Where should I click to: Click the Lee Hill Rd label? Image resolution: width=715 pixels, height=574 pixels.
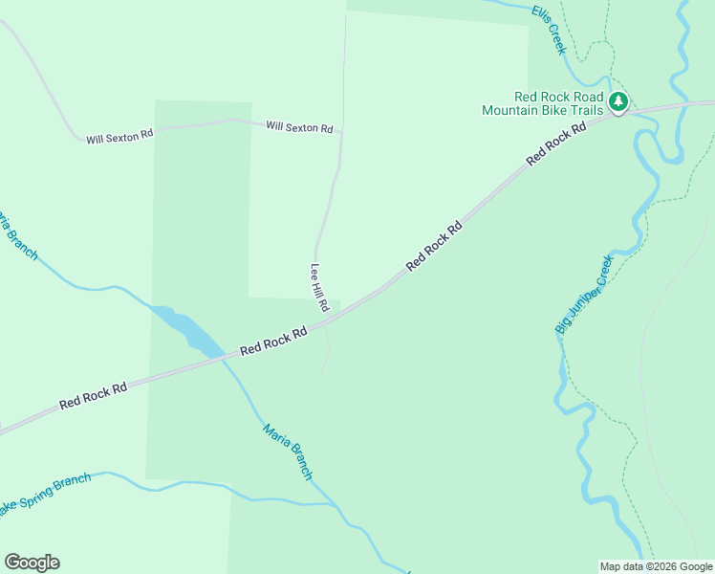[x=319, y=288]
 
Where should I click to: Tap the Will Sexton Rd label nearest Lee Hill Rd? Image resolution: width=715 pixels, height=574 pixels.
[x=299, y=127]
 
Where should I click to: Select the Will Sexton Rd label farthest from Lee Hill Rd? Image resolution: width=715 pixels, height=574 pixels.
[x=119, y=137]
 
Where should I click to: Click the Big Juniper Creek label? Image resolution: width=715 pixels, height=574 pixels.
[x=583, y=295]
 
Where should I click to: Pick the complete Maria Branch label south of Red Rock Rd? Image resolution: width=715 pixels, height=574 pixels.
[x=288, y=452]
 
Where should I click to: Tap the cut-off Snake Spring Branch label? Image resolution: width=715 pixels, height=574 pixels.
[x=46, y=492]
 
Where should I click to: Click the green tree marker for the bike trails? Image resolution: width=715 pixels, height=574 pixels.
[x=618, y=101]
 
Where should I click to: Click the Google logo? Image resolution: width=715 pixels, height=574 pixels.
[x=32, y=563]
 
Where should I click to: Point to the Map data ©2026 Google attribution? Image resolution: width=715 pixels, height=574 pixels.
[x=656, y=566]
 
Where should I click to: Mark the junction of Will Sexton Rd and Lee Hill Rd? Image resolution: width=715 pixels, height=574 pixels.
[x=341, y=130]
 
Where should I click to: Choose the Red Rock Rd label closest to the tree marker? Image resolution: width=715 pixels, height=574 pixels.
[x=555, y=142]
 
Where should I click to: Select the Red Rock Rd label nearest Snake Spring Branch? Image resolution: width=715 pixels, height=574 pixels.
[x=93, y=396]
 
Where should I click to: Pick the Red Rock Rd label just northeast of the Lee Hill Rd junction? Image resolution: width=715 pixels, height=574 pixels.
[x=434, y=246]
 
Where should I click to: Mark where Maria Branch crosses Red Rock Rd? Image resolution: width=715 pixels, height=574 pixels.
[x=226, y=357]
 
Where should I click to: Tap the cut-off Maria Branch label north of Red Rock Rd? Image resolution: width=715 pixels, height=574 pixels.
[x=17, y=236]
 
